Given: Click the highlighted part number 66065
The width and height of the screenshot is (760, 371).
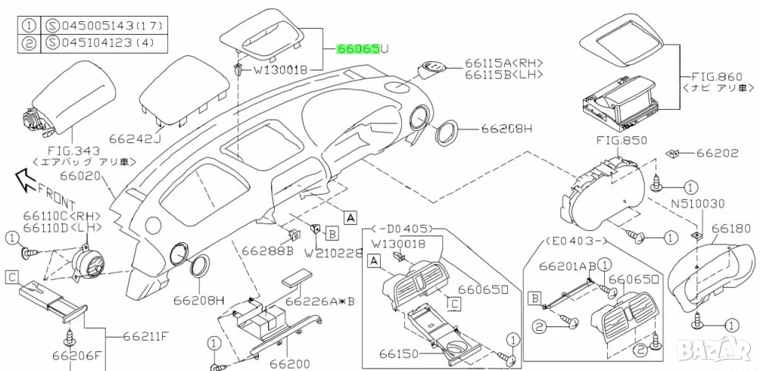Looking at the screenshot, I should pyautogui.click(x=358, y=49).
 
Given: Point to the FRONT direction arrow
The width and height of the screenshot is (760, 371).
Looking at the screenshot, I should pyautogui.click(x=26, y=180).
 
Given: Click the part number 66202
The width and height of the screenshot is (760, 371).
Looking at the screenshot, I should pyautogui.click(x=716, y=153).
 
